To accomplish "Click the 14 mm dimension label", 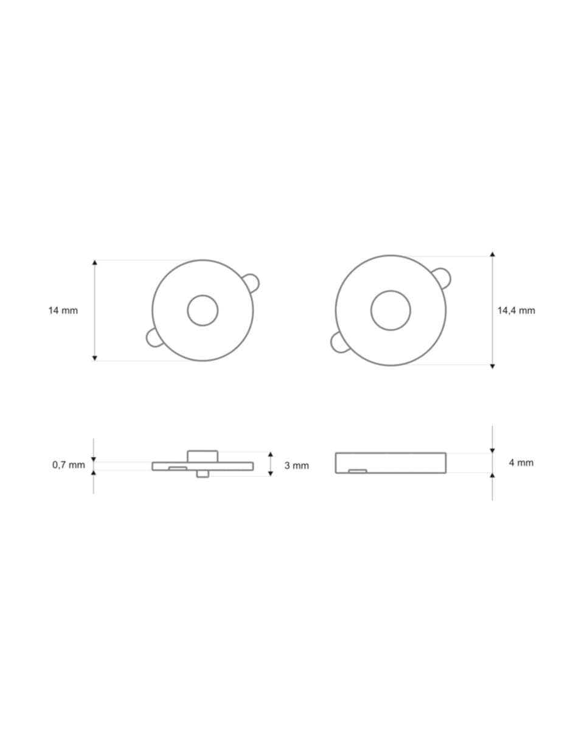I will pyautogui.click(x=63, y=310).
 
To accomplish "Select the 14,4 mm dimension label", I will pyautogui.click(x=516, y=310).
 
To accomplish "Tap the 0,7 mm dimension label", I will pyautogui.click(x=69, y=465).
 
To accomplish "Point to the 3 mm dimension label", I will pyautogui.click(x=296, y=465).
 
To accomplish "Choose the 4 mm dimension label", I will pyautogui.click(x=521, y=463).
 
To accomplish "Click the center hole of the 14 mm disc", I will pyautogui.click(x=203, y=310).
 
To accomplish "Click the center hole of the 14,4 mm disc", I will pyautogui.click(x=391, y=310).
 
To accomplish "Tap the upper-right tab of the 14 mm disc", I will pyautogui.click(x=251, y=282).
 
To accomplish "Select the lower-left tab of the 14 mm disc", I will pyautogui.click(x=154, y=338).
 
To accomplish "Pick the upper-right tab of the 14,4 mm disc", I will pyautogui.click(x=442, y=278).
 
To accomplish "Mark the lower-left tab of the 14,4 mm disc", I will pyautogui.click(x=339, y=342).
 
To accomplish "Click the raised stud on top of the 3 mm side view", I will pyautogui.click(x=203, y=456).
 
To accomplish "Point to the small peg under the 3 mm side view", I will pyautogui.click(x=203, y=474).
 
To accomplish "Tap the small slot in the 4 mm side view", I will pyautogui.click(x=357, y=471).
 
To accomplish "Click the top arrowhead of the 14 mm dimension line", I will pyautogui.click(x=94, y=263).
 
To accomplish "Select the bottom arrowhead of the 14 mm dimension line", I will pyautogui.click(x=94, y=358).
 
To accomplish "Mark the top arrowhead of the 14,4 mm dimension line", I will pyautogui.click(x=492, y=254).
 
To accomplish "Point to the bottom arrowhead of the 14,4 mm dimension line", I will pyautogui.click(x=492, y=366).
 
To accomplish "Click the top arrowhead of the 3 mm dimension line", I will pyautogui.click(x=270, y=454).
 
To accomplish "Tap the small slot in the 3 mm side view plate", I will pyautogui.click(x=178, y=468).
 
